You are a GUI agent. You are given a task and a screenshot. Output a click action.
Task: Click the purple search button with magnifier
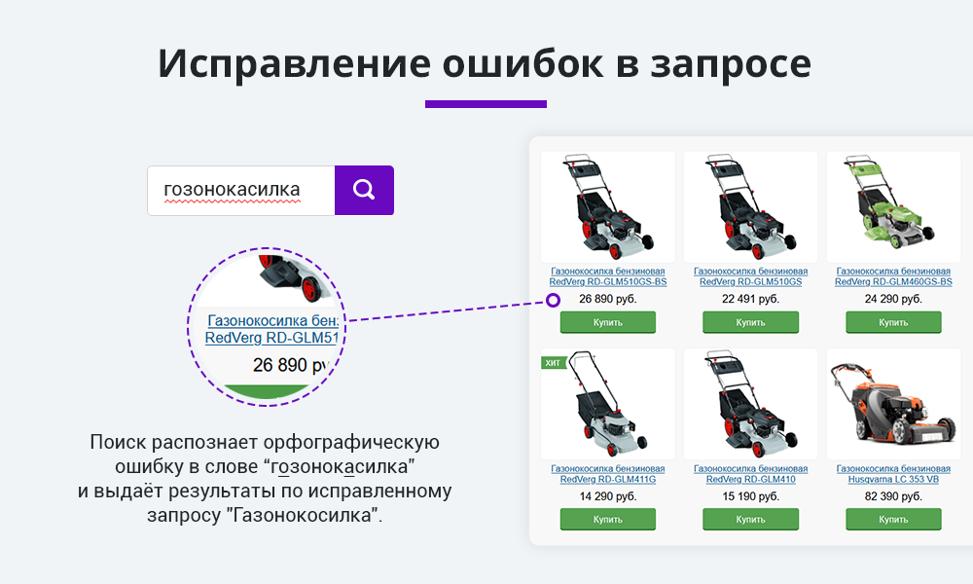pos(364,190)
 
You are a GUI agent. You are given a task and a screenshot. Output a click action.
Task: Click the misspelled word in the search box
pos(233,189)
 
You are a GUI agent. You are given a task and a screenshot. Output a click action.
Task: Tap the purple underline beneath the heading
pos(486,104)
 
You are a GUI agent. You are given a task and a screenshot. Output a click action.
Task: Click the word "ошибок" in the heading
pos(523,63)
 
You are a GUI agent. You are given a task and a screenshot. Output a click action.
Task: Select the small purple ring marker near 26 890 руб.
pos(553,301)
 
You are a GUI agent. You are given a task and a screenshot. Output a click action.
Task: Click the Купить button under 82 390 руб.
pos(893,520)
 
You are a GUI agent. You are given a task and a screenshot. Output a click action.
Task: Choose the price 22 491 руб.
pos(750,299)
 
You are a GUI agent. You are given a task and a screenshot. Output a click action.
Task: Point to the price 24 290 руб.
pos(893,299)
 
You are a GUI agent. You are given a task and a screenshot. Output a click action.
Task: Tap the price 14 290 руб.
pos(607,496)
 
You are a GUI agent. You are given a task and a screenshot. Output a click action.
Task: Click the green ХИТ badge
pos(553,362)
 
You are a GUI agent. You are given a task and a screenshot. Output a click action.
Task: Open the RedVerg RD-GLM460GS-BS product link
pos(893,276)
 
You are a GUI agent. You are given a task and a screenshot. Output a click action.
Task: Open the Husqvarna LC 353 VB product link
pos(893,474)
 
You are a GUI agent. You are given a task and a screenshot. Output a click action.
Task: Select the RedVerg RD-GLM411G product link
pos(607,474)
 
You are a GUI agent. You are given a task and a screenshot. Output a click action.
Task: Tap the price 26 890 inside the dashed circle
pos(290,365)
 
